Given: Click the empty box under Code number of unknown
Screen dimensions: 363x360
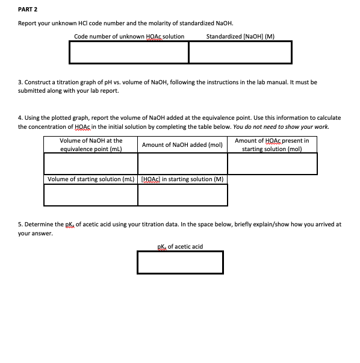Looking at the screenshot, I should pyautogui.click(x=129, y=52).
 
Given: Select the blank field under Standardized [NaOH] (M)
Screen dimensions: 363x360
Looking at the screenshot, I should pyautogui.click(x=240, y=52).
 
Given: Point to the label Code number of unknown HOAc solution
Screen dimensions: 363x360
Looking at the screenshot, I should pyautogui.click(x=129, y=36).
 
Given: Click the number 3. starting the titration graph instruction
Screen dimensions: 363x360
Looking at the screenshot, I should pyautogui.click(x=20, y=82).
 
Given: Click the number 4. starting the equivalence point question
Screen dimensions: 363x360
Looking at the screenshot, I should pyautogui.click(x=20, y=118).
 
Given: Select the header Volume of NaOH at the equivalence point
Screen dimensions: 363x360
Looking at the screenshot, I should pyautogui.click(x=91, y=144).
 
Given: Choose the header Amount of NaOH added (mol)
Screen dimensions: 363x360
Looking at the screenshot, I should pyautogui.click(x=182, y=145).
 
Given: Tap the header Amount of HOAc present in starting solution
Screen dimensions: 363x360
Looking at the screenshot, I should pyautogui.click(x=272, y=144).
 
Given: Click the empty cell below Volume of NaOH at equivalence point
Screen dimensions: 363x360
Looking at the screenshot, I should pyautogui.click(x=91, y=163).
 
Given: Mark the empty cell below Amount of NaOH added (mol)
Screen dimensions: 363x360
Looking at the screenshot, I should pyautogui.click(x=182, y=163).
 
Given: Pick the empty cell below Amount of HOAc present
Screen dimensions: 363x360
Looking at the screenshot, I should pyautogui.click(x=272, y=163).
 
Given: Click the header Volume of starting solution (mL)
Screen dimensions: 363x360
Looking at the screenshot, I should pyautogui.click(x=91, y=179).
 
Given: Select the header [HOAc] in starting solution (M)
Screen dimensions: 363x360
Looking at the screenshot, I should pyautogui.click(x=182, y=179).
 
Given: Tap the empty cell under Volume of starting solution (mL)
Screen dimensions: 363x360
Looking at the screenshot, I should pyautogui.click(x=91, y=194).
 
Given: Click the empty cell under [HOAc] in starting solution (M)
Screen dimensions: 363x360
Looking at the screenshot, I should pyautogui.click(x=182, y=194).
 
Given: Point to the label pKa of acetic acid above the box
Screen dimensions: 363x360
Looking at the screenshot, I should pyautogui.click(x=179, y=246).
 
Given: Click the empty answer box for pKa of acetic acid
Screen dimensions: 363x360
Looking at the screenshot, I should pyautogui.click(x=179, y=262).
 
